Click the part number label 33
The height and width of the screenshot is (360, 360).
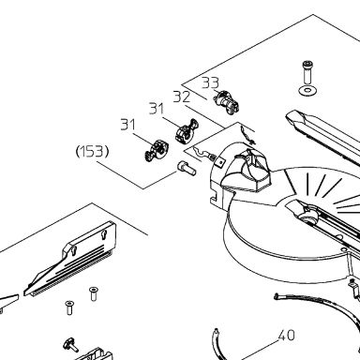210,82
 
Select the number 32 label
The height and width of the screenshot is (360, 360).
182,97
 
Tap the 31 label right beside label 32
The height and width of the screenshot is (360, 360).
157,109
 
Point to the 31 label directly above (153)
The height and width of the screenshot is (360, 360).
127,125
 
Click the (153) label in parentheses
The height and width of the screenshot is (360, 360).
93,152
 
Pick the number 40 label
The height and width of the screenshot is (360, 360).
286,336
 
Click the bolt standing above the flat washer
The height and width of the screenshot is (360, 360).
307,72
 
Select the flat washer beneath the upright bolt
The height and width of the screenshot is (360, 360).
308,91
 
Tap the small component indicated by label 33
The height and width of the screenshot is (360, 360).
227,102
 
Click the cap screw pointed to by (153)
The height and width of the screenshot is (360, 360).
187,169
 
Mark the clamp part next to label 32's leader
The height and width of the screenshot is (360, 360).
186,130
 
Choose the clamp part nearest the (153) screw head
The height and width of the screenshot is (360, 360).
157,150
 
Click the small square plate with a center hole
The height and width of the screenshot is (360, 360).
220,161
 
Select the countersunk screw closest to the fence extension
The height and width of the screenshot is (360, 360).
93,293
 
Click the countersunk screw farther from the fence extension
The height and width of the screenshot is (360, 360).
69,307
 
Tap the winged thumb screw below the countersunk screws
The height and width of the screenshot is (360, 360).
70,345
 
